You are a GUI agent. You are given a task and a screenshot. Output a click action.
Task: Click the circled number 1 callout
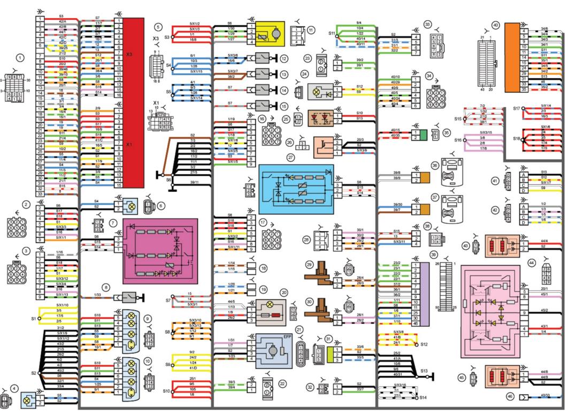[20, 57]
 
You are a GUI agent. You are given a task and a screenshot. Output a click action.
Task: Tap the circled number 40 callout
[496, 25]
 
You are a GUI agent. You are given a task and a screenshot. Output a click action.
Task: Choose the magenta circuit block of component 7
[160, 250]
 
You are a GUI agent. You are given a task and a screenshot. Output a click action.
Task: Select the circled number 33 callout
[427, 25]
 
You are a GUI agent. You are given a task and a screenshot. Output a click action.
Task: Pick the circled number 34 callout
[429, 76]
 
